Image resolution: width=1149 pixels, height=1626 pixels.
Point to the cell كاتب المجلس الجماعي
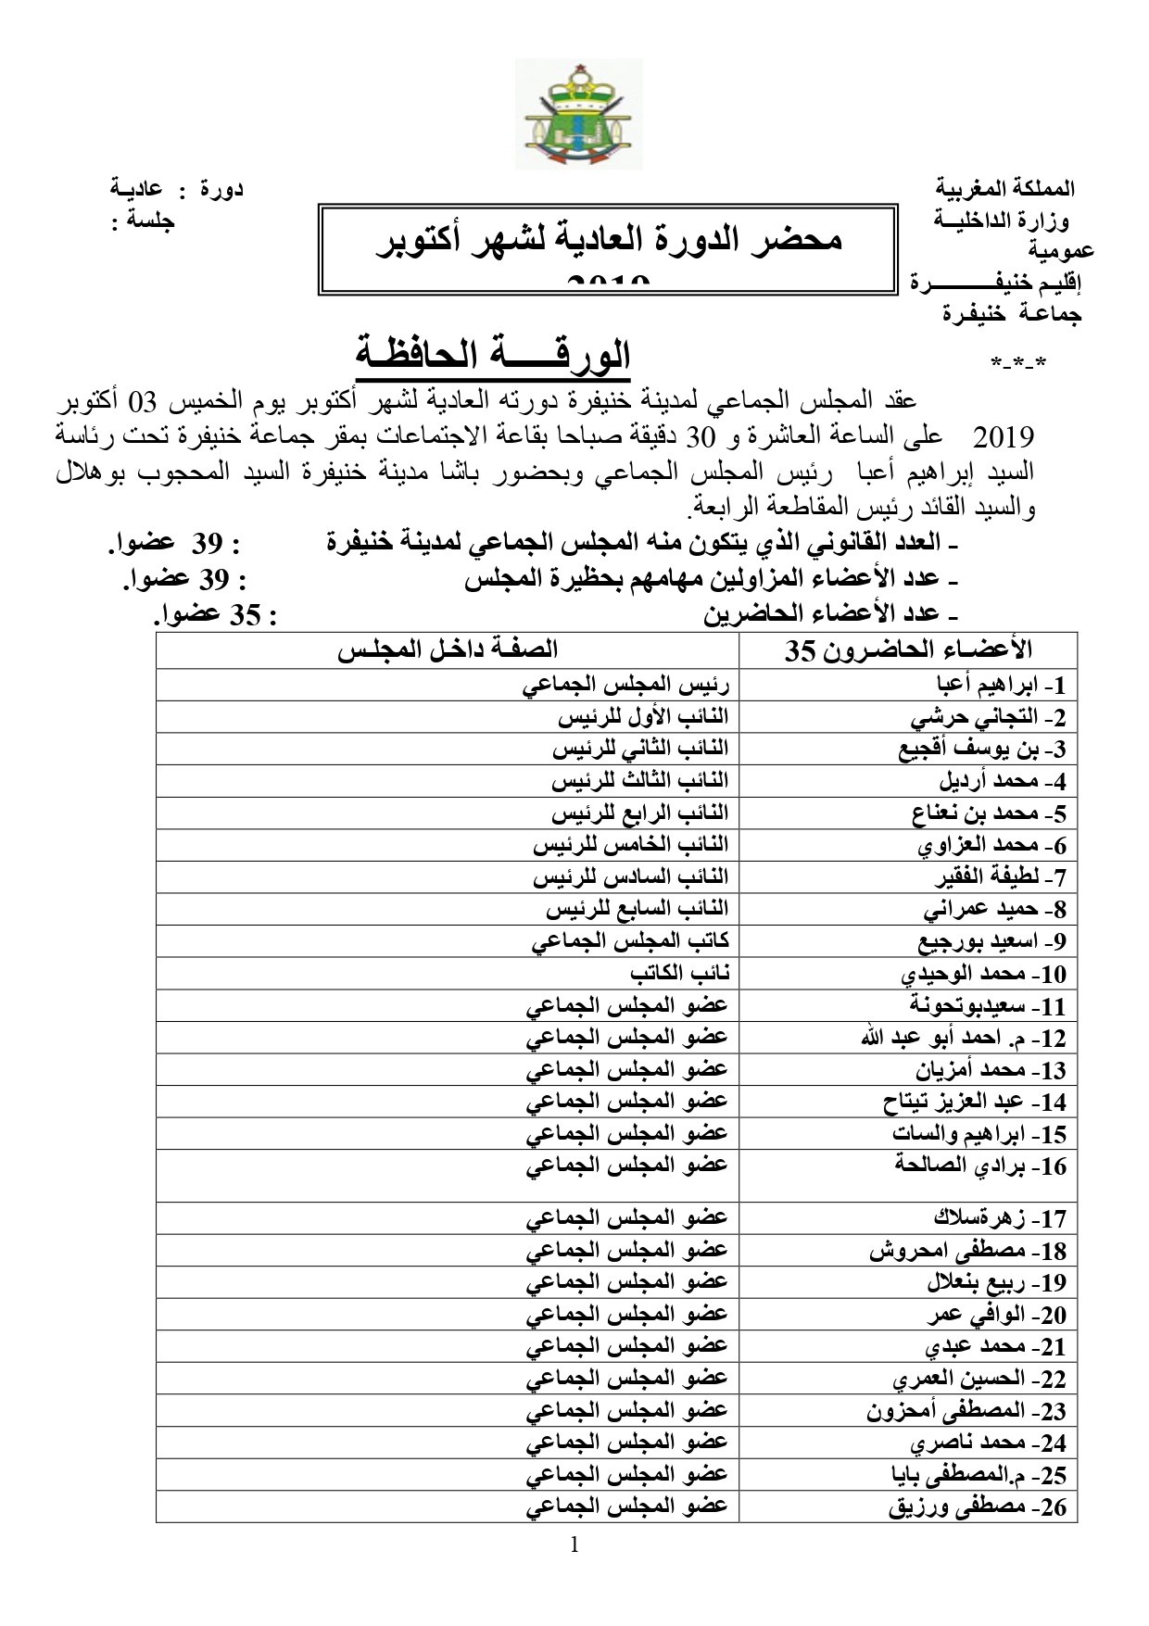pos(630,941)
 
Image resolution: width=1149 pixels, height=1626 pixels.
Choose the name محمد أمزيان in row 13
pos(991,1070)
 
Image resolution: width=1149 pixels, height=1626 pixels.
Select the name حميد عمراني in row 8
pos(995,910)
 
